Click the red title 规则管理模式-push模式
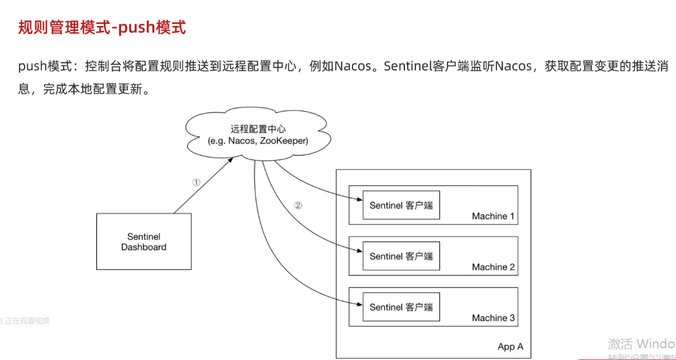(x=102, y=28)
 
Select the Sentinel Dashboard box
(x=144, y=241)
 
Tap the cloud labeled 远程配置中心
(x=258, y=135)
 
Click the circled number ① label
(x=196, y=183)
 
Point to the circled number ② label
(x=298, y=206)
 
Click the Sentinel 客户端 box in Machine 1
(x=401, y=206)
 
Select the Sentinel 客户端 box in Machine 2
(x=401, y=256)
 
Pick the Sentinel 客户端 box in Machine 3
(x=401, y=307)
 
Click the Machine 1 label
(x=493, y=216)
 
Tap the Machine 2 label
(x=493, y=267)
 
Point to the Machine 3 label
(x=493, y=318)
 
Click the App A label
(x=510, y=347)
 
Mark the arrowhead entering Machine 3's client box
(x=359, y=303)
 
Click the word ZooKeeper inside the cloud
(x=284, y=141)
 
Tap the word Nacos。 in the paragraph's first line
(x=356, y=66)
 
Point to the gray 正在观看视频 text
(x=27, y=321)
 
